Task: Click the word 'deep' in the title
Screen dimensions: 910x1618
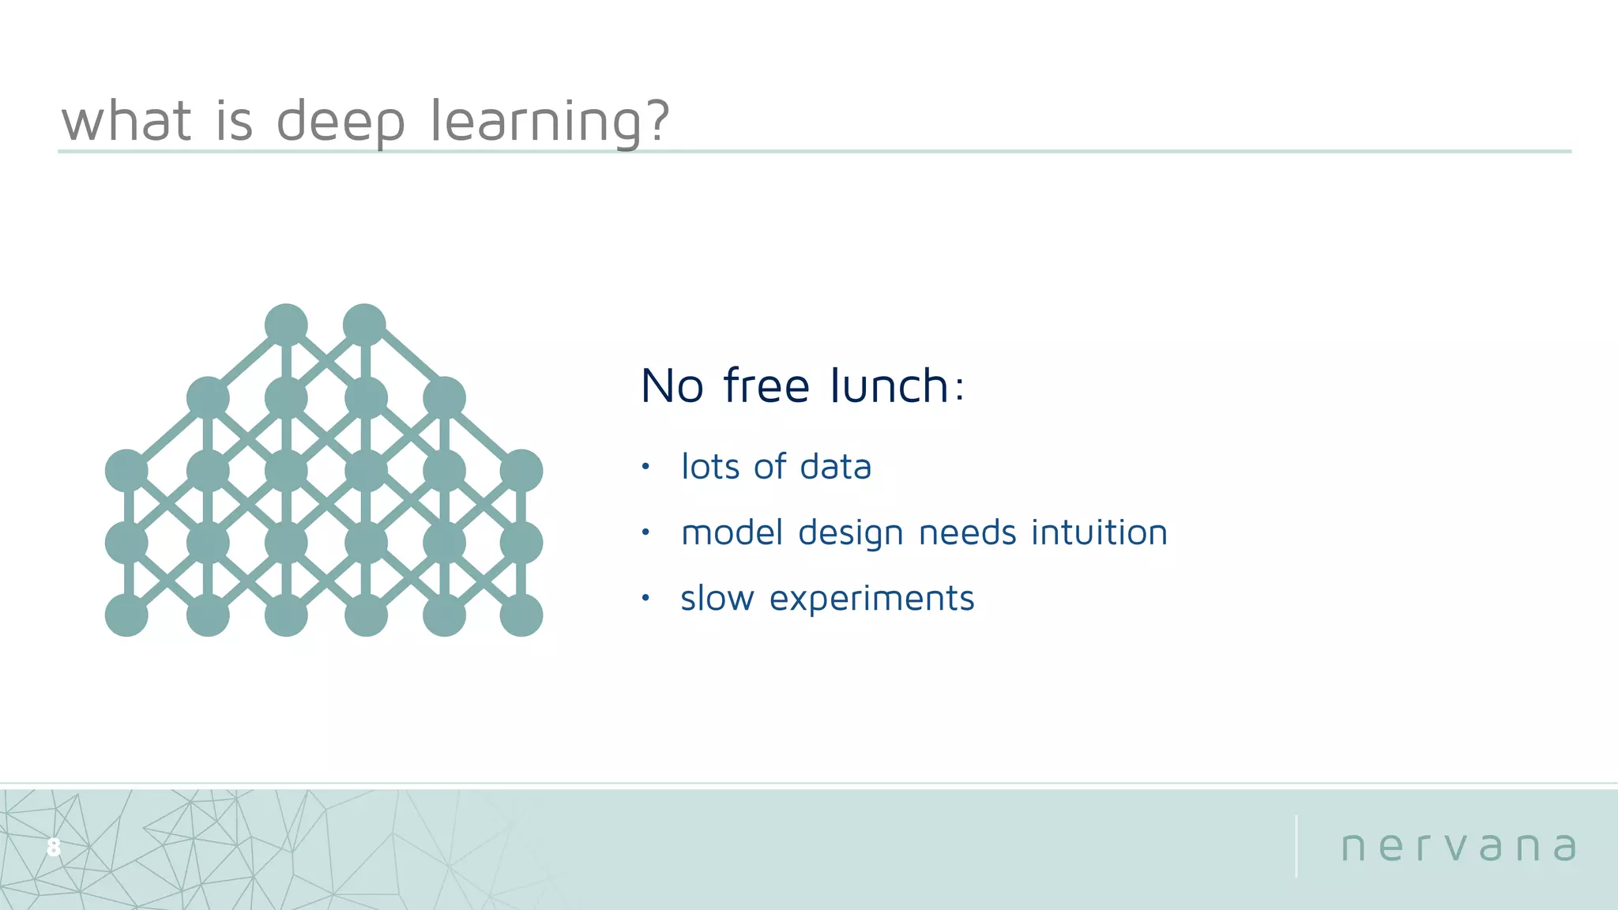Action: [x=341, y=122]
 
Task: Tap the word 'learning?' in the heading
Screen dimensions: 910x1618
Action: [x=550, y=122]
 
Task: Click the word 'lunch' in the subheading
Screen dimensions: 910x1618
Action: [x=890, y=386]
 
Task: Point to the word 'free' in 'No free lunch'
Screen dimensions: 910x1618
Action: [x=766, y=386]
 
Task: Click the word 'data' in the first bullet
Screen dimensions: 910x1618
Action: [x=835, y=467]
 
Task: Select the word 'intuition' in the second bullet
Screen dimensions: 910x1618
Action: [x=1099, y=532]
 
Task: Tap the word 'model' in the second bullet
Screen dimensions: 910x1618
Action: [x=732, y=532]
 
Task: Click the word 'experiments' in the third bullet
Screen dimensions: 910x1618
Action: [x=871, y=599]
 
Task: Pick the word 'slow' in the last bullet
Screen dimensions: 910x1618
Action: [x=717, y=599]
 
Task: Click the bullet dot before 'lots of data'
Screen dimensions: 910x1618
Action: [x=645, y=466]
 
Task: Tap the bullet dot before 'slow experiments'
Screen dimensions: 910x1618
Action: [x=645, y=598]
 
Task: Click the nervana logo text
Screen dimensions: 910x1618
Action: [x=1458, y=847]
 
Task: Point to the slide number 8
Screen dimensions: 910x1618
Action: [x=53, y=847]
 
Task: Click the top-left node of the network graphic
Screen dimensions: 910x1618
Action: [x=286, y=325]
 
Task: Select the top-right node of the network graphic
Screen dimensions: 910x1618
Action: [x=364, y=325]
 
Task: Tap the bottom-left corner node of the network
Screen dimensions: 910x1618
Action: [x=126, y=615]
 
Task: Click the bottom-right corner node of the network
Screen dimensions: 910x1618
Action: [x=521, y=615]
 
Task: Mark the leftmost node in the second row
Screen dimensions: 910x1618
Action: [x=208, y=397]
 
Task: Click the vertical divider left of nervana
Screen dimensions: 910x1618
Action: [x=1296, y=846]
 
